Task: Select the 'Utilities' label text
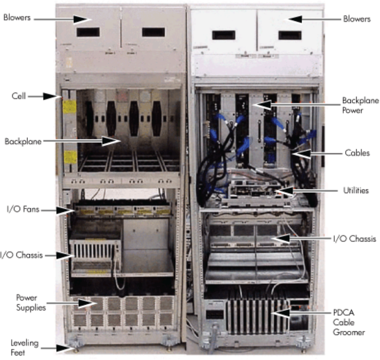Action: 355,191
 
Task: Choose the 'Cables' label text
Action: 357,153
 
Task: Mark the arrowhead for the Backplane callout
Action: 111,142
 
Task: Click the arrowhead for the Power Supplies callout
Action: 90,303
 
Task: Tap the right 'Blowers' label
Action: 357,19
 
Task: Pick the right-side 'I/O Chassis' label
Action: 355,239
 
